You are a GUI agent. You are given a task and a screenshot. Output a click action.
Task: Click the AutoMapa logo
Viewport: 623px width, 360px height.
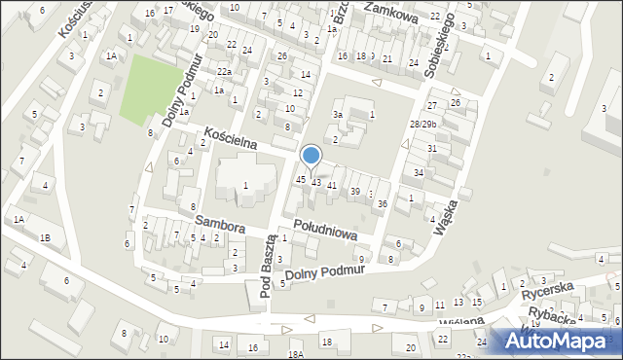coord(556,340)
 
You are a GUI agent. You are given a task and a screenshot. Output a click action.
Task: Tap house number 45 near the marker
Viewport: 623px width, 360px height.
coord(301,180)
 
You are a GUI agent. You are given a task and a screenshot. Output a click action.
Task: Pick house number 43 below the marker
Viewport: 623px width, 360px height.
coord(316,183)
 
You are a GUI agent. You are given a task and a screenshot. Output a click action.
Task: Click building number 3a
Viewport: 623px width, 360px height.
coord(338,115)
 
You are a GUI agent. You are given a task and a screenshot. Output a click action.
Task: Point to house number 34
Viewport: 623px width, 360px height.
coord(419,173)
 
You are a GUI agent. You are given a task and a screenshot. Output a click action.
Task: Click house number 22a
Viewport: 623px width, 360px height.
coord(224,72)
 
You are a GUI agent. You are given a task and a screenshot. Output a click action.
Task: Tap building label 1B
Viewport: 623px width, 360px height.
coord(44,237)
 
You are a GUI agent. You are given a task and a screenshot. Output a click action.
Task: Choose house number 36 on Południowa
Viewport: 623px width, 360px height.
coord(383,203)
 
